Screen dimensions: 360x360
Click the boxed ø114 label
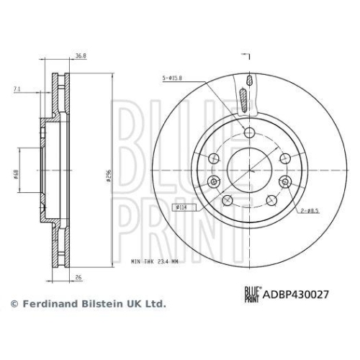(181, 207)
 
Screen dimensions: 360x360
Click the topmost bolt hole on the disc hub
(248, 132)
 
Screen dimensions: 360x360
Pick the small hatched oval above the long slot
(248, 79)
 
